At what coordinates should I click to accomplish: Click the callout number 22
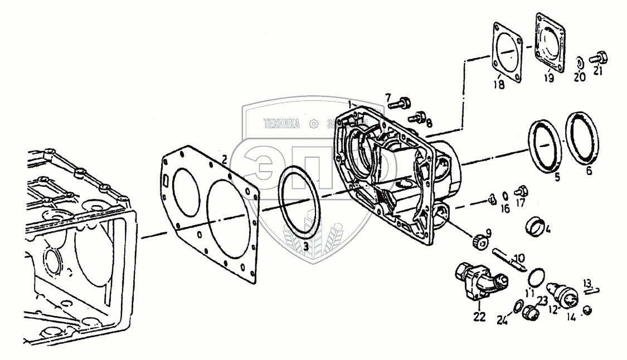479,317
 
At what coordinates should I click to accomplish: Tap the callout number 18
498,84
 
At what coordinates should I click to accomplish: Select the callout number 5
556,178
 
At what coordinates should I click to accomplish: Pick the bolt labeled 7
402,103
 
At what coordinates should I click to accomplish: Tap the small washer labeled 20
580,61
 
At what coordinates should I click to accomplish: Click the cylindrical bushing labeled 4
536,226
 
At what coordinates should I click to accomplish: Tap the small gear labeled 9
479,242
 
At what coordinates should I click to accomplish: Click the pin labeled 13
592,289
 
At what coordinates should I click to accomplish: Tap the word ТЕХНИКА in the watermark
283,124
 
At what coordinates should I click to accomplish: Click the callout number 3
306,246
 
